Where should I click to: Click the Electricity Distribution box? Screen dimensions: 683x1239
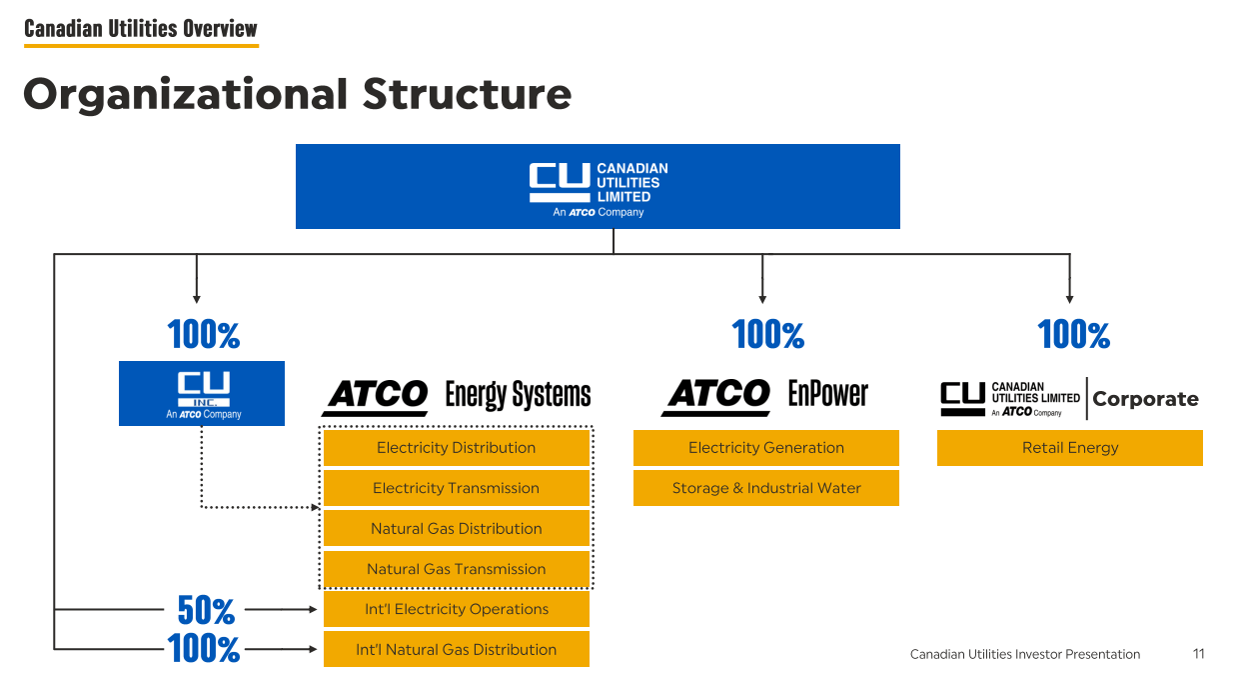point(456,448)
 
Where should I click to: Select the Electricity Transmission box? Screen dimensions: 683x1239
point(456,488)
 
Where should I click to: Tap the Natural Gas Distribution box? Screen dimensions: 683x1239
point(456,529)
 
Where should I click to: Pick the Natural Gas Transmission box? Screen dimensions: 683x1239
point(456,569)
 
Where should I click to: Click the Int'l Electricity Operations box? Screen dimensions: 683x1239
point(456,609)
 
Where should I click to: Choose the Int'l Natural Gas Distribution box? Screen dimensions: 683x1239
point(456,650)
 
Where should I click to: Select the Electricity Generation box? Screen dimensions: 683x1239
point(766,448)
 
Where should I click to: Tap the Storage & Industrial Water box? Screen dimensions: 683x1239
point(766,488)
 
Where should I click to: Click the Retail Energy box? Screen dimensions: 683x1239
point(1070,448)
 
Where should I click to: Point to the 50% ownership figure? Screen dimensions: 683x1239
point(206,609)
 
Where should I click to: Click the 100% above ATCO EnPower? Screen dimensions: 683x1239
point(767,335)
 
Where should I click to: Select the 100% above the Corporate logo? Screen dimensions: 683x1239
point(1074,335)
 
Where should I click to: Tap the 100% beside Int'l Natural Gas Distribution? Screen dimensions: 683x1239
point(204,650)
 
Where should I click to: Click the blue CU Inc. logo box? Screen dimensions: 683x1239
point(202,393)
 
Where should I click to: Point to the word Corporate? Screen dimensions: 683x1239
point(1145,399)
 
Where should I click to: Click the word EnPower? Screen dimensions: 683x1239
point(828,394)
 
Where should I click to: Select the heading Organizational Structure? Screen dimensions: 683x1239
point(297,94)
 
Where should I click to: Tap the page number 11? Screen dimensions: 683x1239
point(1199,654)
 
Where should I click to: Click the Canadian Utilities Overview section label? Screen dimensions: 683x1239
point(141,29)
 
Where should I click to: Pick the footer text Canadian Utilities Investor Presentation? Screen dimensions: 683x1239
point(1024,654)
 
